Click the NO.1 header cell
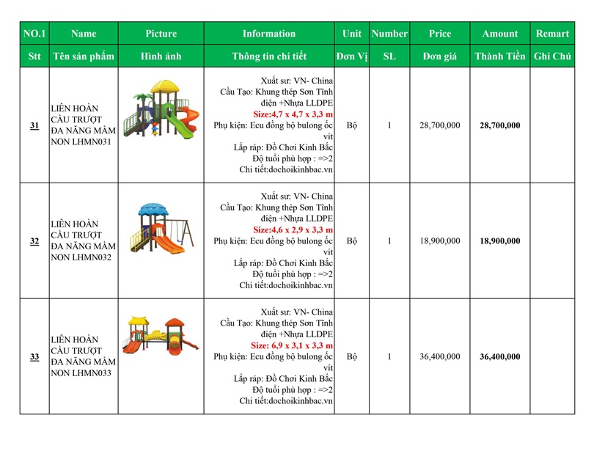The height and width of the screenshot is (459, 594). tap(34, 34)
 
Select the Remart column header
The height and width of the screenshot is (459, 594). tap(551, 34)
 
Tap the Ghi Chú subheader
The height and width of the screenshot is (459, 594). tap(551, 56)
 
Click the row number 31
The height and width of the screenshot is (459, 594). tap(34, 125)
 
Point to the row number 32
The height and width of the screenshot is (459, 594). tap(34, 240)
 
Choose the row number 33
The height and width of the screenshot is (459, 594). tap(34, 356)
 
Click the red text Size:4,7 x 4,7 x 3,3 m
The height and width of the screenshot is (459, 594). tap(293, 114)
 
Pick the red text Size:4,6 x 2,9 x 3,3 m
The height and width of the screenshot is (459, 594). tap(293, 229)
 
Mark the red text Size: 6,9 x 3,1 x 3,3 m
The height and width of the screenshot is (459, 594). tap(292, 345)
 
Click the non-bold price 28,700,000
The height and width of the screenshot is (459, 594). tap(440, 125)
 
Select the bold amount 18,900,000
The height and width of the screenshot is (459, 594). tap(499, 240)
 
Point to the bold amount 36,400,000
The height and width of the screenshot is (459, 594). tap(499, 356)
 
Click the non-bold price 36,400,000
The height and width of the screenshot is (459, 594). tap(440, 356)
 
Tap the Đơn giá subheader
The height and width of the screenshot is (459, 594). tap(440, 56)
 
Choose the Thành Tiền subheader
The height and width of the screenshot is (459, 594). tap(499, 56)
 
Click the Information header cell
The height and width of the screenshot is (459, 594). tap(269, 34)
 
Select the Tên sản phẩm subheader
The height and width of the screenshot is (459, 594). tap(84, 56)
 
